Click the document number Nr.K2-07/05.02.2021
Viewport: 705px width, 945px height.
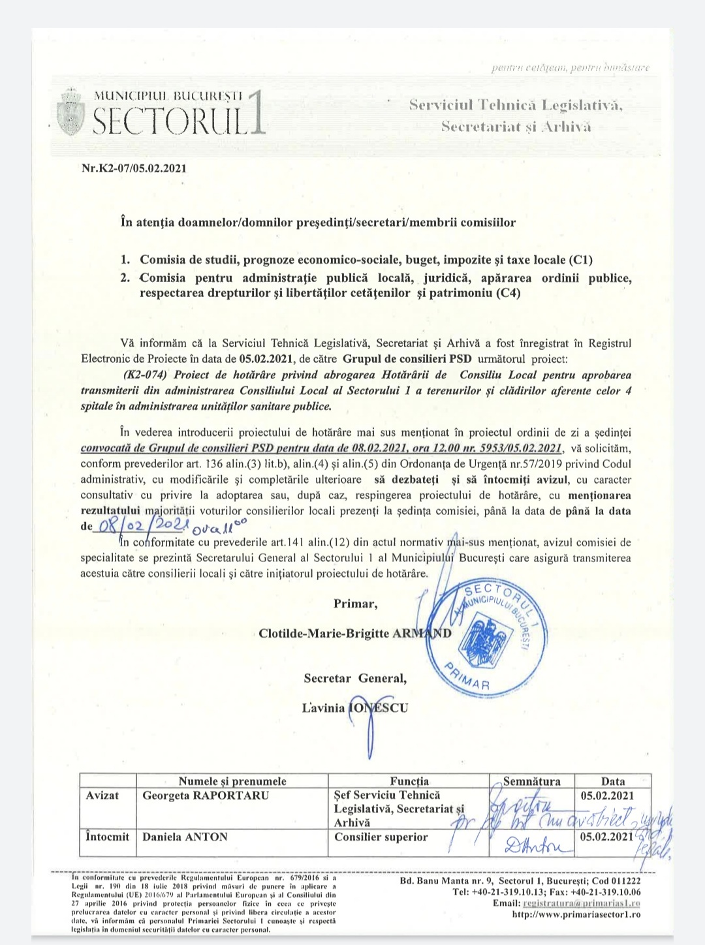click(x=134, y=168)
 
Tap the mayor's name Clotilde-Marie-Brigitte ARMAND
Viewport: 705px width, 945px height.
click(x=354, y=634)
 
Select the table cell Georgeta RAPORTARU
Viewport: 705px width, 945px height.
click(x=196, y=796)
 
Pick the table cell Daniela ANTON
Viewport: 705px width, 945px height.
click(x=185, y=837)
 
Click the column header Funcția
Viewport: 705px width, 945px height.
click(x=409, y=781)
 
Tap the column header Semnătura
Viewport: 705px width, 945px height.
click(x=531, y=781)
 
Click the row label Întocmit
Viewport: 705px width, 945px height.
click(x=108, y=837)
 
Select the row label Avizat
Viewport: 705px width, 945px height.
click(x=102, y=796)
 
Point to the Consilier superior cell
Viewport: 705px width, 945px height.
click(x=381, y=837)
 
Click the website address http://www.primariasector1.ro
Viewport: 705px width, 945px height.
click(x=576, y=914)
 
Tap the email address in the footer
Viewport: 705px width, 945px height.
click(x=582, y=903)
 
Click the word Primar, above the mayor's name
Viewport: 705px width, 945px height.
click(x=355, y=603)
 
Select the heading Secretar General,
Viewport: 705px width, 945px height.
click(x=355, y=678)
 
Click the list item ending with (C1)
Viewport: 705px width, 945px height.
click(x=366, y=260)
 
